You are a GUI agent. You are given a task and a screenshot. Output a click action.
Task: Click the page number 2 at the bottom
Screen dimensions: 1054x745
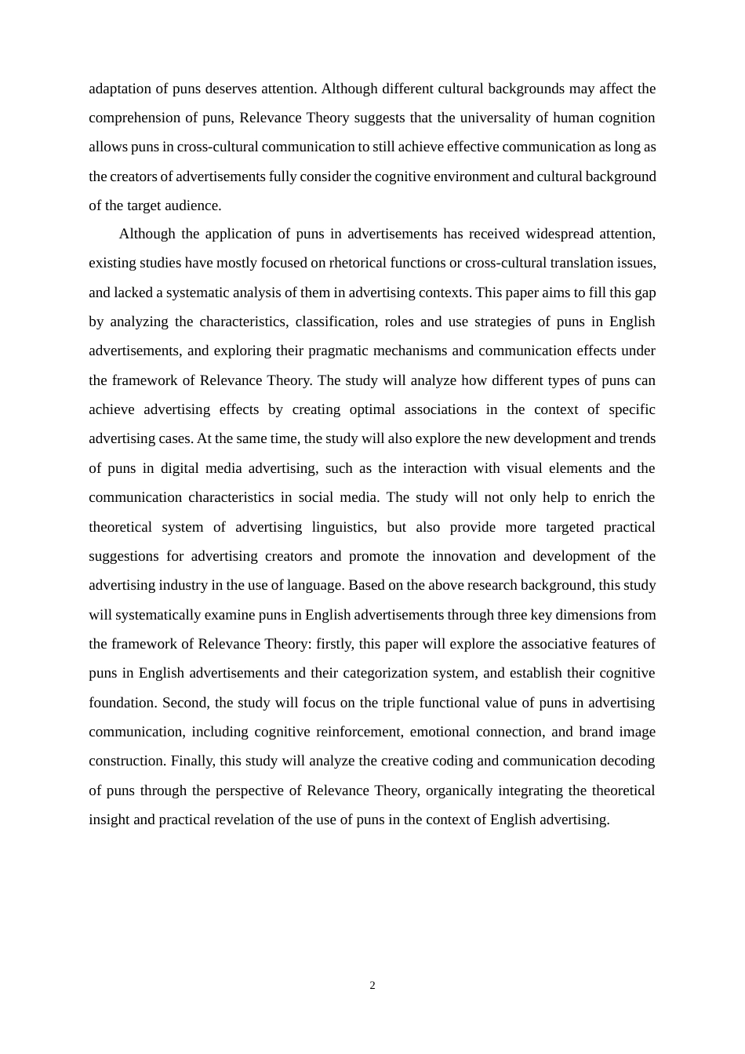(x=372, y=986)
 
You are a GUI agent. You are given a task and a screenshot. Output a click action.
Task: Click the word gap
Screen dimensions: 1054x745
(x=645, y=293)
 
